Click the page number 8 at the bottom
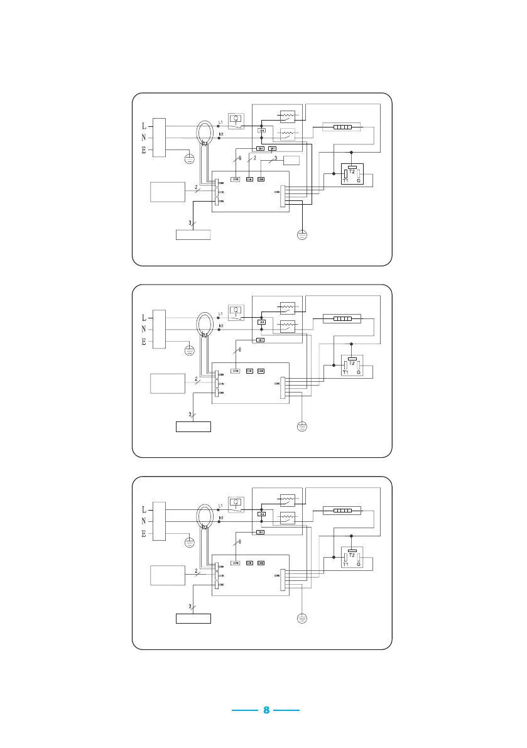pos(266,710)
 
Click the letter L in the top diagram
pos(144,126)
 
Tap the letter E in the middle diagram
pos(144,342)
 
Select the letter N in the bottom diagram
pos(144,521)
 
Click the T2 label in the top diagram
pos(352,171)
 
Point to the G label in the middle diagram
pos(359,372)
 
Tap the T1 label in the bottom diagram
pos(345,565)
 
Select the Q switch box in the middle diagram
pos(236,311)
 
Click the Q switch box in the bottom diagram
pos(236,503)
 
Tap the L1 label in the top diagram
pos(220,121)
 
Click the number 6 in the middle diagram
pos(240,350)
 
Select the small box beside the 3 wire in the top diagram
pos(293,160)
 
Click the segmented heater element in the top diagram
pos(342,127)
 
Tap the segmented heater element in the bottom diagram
pos(342,511)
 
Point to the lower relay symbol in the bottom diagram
pos(287,518)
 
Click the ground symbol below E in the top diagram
pos(189,158)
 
